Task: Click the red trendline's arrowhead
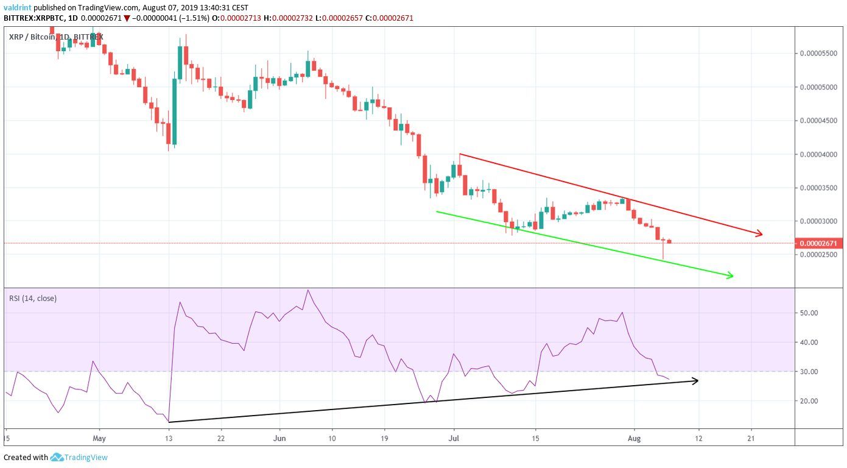pyautogui.click(x=759, y=233)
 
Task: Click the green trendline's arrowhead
pyautogui.click(x=731, y=277)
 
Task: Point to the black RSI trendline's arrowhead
pyautogui.click(x=695, y=381)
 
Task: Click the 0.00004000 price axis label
pyautogui.click(x=818, y=154)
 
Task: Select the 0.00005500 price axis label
pyautogui.click(x=818, y=54)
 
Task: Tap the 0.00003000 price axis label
pyautogui.click(x=818, y=221)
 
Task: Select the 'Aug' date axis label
pyautogui.click(x=634, y=438)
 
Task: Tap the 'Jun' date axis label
pyautogui.click(x=279, y=438)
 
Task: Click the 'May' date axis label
pyautogui.click(x=100, y=438)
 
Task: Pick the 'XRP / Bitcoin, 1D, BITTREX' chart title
pyautogui.click(x=56, y=37)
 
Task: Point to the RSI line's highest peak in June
pyautogui.click(x=308, y=290)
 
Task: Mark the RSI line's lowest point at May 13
pyautogui.click(x=169, y=422)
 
